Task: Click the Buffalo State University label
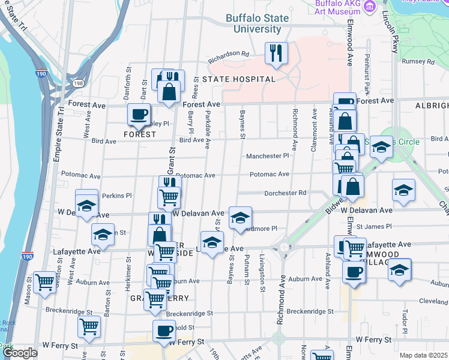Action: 258,23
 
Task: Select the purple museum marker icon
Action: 370,6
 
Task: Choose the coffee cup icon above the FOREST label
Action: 139,113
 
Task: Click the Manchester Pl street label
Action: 268,156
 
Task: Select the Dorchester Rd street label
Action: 286,193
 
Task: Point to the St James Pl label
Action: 373,227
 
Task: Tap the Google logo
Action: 20,353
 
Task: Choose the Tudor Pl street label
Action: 406,318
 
